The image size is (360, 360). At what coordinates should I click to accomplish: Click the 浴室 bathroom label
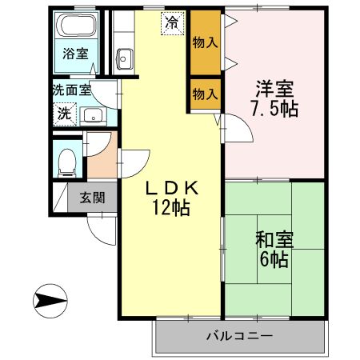click(x=76, y=55)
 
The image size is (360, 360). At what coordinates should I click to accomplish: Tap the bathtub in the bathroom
click(x=77, y=26)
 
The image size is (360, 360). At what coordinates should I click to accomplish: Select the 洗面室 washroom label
click(x=73, y=90)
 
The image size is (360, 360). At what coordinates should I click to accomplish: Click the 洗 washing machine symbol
click(x=63, y=113)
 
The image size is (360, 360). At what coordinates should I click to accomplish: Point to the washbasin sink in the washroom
click(x=92, y=114)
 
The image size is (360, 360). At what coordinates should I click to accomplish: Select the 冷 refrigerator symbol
click(x=171, y=23)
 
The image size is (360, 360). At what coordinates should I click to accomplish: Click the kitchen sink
click(x=125, y=58)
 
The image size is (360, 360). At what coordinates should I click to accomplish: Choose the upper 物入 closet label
click(x=205, y=42)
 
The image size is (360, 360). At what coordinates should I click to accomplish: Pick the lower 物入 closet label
click(x=205, y=94)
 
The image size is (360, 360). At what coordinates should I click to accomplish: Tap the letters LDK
click(x=170, y=189)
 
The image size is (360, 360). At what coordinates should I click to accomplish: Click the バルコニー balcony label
click(x=239, y=336)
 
